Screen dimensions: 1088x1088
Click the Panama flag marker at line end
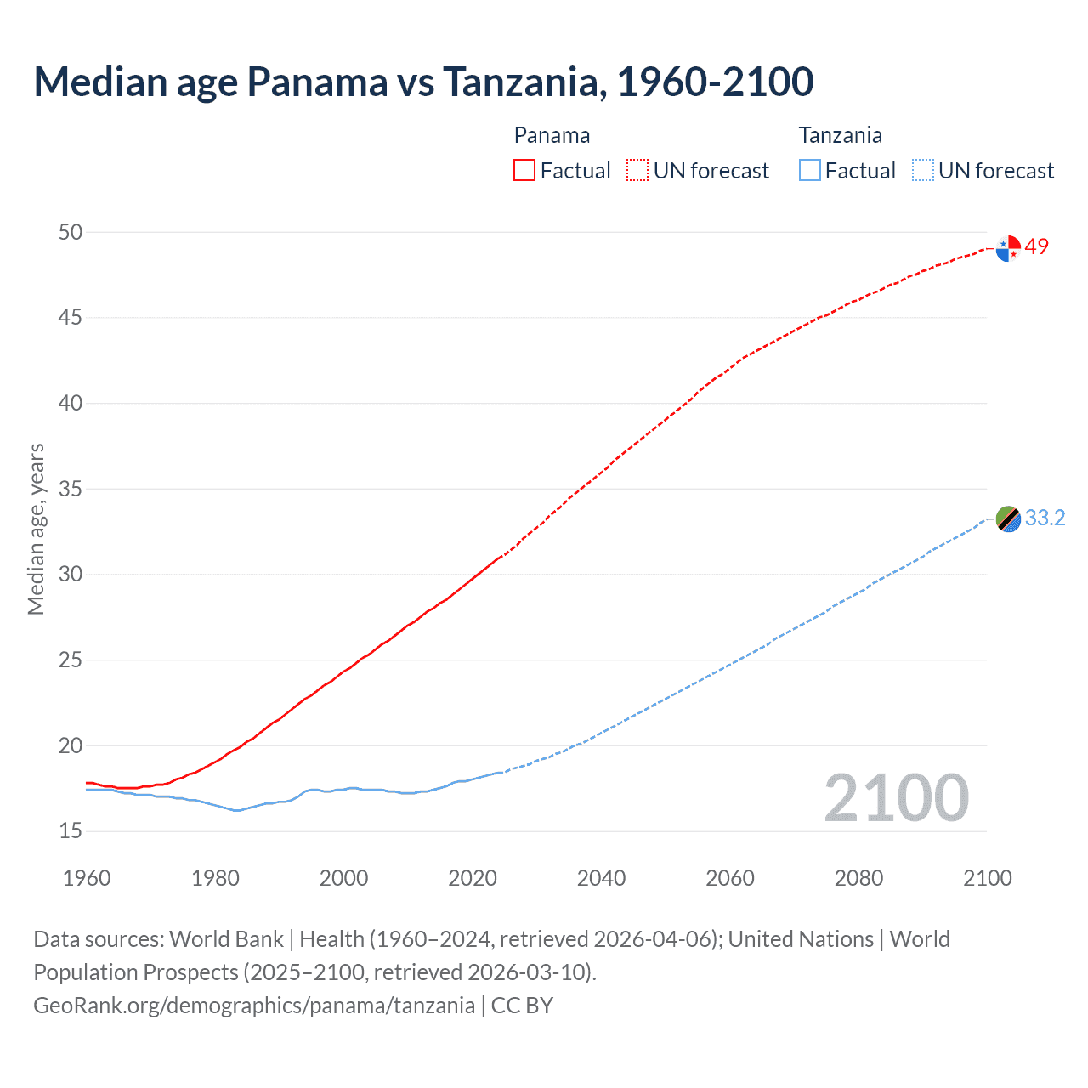[x=1008, y=248]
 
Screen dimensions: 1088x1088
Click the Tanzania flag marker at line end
[x=1008, y=518]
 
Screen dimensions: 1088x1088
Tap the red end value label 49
[x=1037, y=246]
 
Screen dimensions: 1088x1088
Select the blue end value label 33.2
[x=1045, y=518]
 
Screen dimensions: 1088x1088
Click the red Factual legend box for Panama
[x=524, y=171]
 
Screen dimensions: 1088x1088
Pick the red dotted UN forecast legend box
[x=637, y=171]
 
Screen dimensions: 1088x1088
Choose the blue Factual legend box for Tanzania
[x=810, y=171]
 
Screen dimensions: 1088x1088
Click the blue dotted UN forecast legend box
[x=923, y=171]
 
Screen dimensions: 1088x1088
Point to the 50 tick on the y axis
[x=71, y=232]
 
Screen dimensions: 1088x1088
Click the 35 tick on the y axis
[x=71, y=489]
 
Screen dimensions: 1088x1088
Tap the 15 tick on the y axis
[x=71, y=830]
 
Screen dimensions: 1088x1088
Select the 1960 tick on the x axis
[x=87, y=878]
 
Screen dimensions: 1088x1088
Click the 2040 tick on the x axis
[x=601, y=878]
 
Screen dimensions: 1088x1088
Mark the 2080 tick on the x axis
[x=858, y=878]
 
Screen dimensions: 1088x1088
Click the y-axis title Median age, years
[x=36, y=529]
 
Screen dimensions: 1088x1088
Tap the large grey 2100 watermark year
[x=896, y=798]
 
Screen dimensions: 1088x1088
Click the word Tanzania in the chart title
[x=524, y=82]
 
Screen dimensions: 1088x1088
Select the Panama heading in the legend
[x=552, y=135]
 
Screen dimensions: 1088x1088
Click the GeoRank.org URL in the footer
[x=254, y=1006]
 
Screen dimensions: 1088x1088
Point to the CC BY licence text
[x=522, y=1006]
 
